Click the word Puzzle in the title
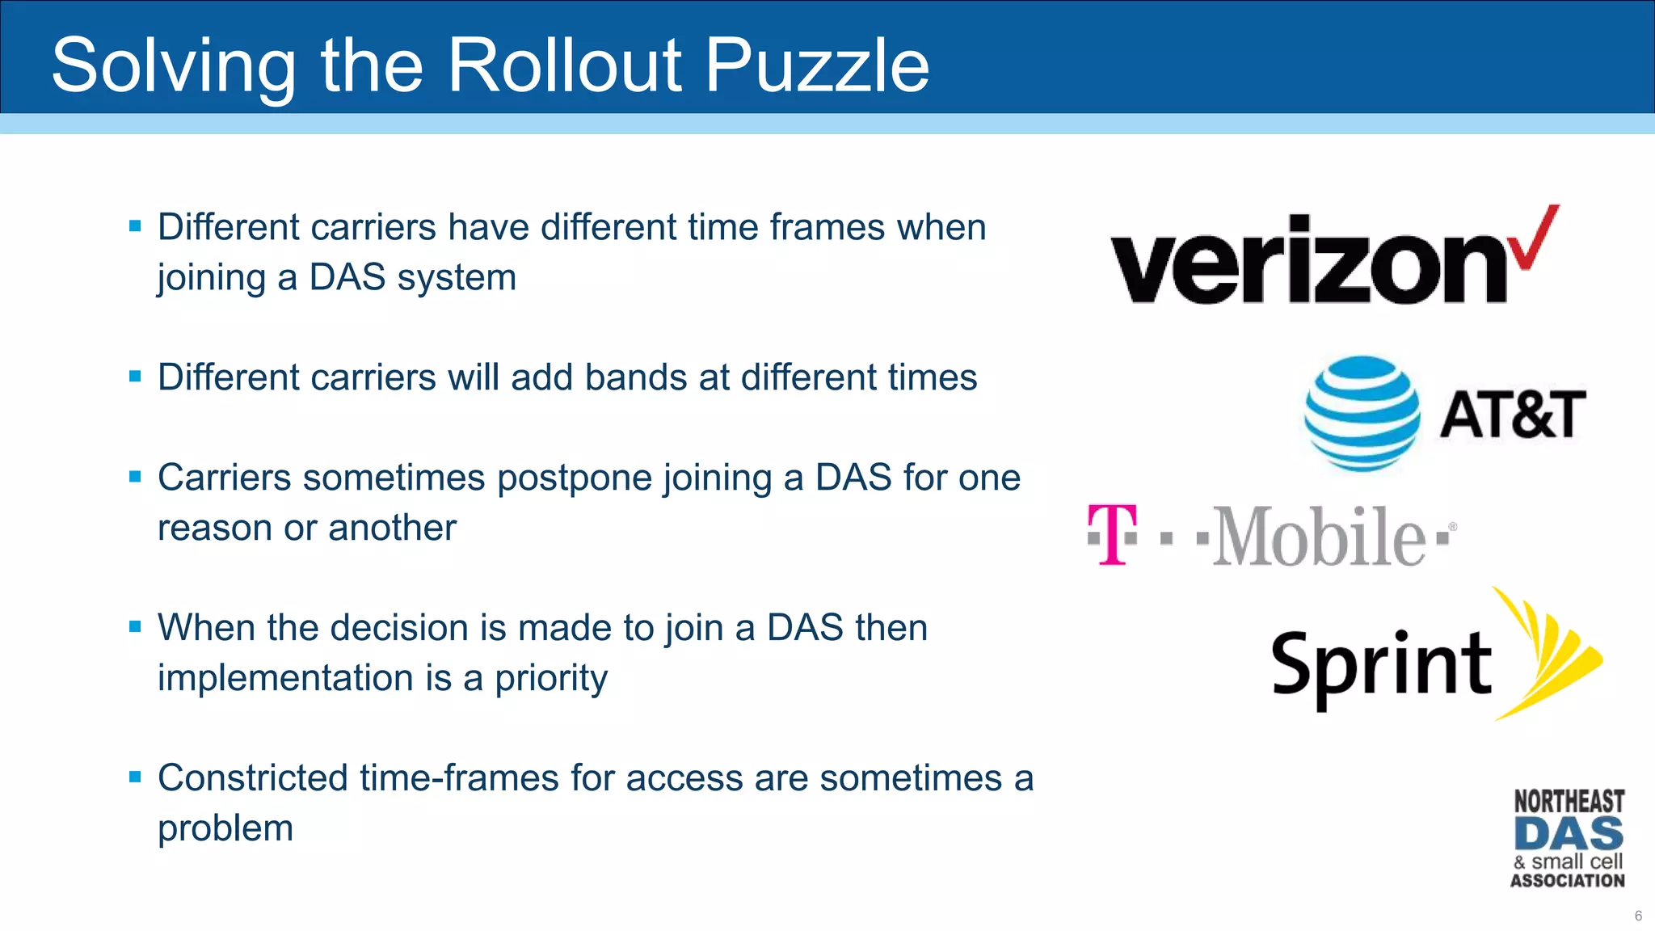click(817, 66)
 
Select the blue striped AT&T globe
click(1362, 413)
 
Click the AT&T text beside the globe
click(1512, 415)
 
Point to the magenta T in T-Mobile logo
click(1112, 533)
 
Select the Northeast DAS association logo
click(1568, 839)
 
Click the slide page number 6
click(1638, 916)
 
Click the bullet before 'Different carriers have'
click(135, 226)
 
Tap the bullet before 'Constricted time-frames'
click(135, 777)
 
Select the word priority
click(550, 679)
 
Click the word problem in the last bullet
click(225, 829)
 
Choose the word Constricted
click(253, 778)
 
